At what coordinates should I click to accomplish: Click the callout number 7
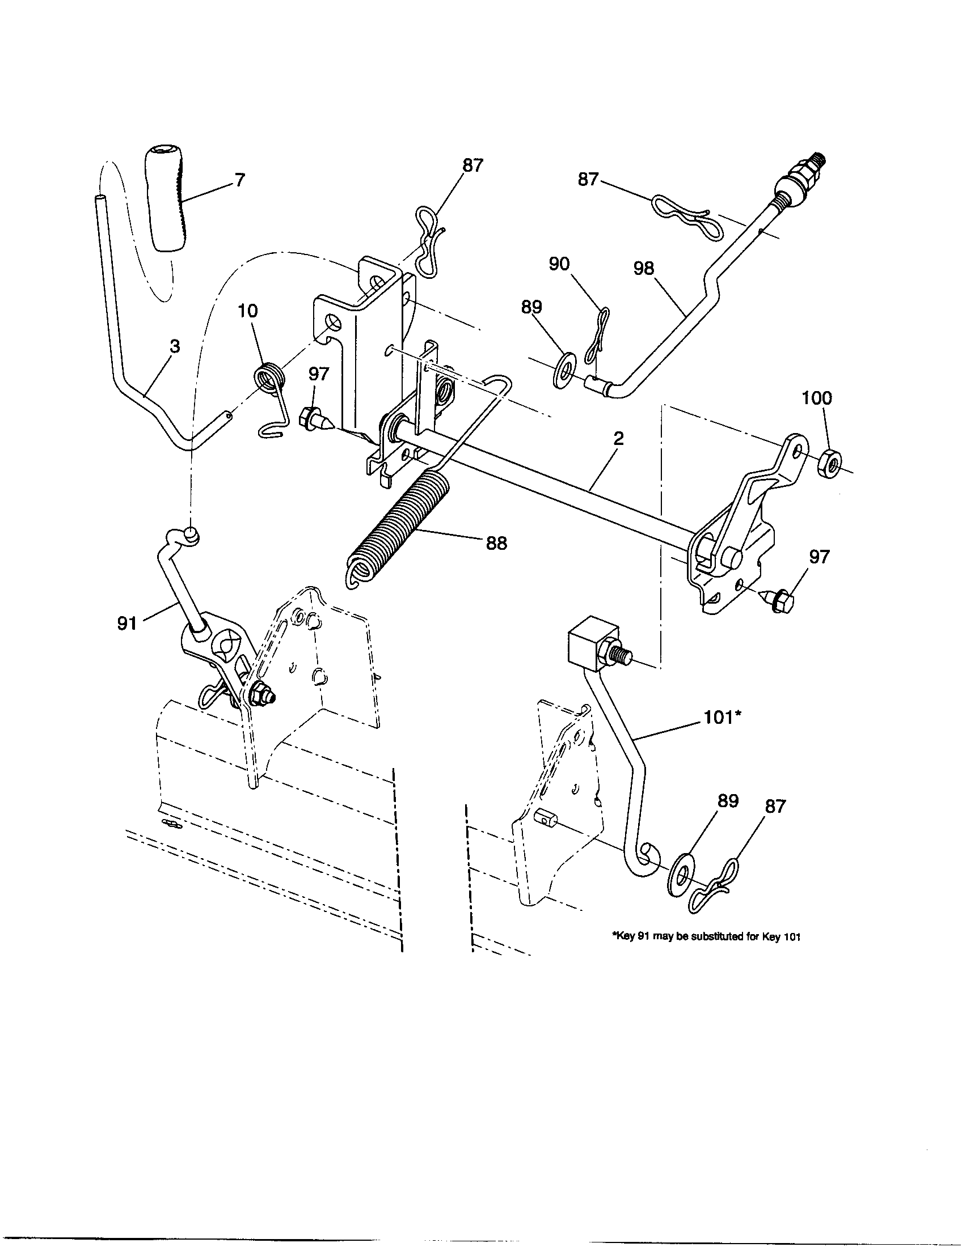click(239, 180)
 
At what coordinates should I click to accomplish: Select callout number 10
click(248, 311)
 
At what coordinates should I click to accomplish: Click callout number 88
click(496, 543)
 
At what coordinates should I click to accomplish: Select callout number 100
click(817, 398)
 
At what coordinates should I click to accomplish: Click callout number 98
click(644, 268)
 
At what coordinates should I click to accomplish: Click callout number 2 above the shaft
click(619, 439)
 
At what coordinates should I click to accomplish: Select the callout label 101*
click(722, 717)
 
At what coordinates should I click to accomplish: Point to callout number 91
click(128, 623)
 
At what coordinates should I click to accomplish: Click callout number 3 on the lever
click(175, 346)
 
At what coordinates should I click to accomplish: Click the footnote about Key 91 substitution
click(706, 937)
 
